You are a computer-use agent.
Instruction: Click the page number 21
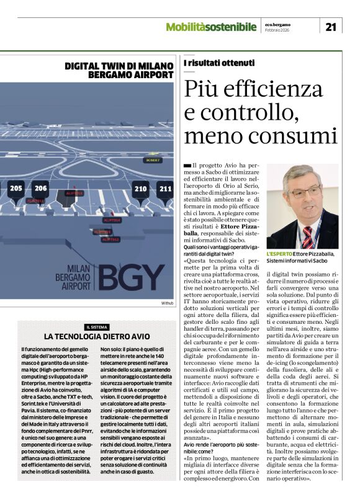pos(330,26)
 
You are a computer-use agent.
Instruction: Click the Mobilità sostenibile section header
pos(211,27)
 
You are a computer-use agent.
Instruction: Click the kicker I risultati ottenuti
pos(219,63)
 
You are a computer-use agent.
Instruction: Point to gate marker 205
pos(16,189)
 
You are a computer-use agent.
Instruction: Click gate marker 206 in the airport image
pos(41,189)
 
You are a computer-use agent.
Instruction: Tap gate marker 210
pos(141,189)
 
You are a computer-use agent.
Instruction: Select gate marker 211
pos(165,189)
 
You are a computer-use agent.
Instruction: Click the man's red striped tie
pos(308,236)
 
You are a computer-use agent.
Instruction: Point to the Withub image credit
pos(167,303)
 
